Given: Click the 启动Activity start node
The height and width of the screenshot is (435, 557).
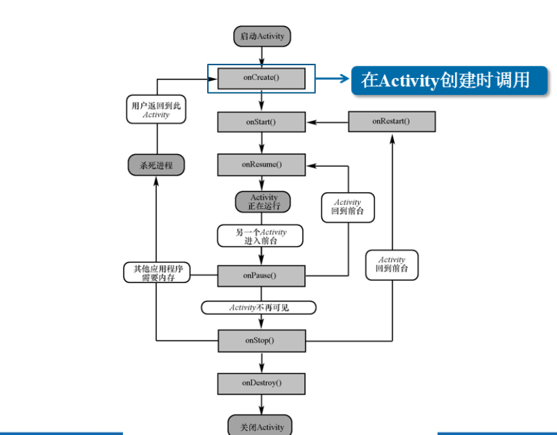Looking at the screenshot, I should [262, 36].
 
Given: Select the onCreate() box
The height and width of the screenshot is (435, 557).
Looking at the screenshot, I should [262, 78].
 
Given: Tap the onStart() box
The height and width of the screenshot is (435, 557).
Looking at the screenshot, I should [262, 122].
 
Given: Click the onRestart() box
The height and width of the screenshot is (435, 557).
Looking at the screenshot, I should [391, 121].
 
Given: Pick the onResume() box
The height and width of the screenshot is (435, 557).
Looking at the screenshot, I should [262, 165].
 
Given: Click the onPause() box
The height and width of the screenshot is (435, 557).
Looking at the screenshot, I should [262, 276].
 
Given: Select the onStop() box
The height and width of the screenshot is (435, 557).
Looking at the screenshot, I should [262, 340].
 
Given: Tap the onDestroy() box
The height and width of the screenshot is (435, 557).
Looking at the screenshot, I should [262, 383].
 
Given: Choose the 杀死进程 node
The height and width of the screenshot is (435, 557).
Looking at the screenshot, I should [156, 165].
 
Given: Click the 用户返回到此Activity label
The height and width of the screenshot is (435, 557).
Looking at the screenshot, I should [156, 110].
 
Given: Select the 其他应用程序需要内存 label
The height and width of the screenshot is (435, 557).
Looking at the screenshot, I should [157, 273].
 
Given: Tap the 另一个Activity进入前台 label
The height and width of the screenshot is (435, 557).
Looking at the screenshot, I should [260, 236].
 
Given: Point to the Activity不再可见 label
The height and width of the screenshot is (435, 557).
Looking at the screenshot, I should [259, 307].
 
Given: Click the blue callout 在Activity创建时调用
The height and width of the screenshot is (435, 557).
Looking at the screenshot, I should [449, 80].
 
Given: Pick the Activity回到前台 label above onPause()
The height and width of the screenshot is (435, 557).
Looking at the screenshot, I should [348, 206].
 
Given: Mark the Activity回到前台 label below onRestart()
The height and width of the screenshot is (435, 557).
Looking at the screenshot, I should [391, 264].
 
